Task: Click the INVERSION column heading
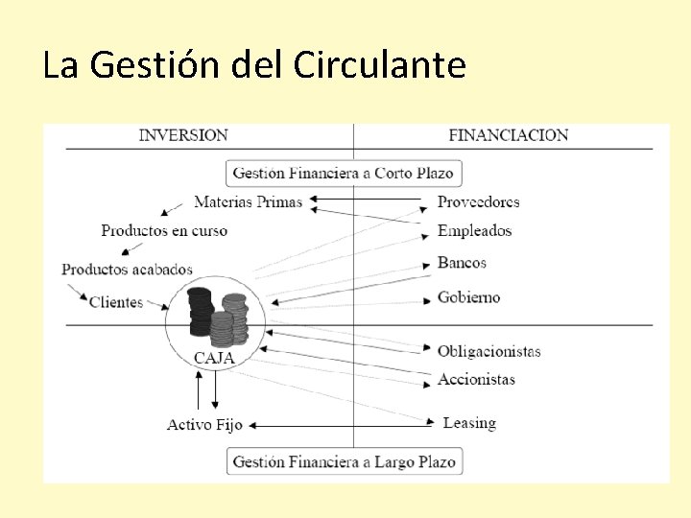pos(183,135)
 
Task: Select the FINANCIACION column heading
pos(509,135)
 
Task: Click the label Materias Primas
pos(248,202)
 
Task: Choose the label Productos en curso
pos(164,230)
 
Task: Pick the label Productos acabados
pos(128,270)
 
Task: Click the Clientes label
pos(116,302)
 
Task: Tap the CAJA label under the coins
pos(214,358)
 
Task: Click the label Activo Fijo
pos(204,425)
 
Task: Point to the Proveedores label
pos(479,202)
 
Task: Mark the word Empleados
pos(475,231)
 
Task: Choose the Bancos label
pos(463,263)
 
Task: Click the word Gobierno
pos(469,297)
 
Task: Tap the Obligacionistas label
pos(489,352)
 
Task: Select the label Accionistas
pos(477,380)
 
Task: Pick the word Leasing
pos(469,423)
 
